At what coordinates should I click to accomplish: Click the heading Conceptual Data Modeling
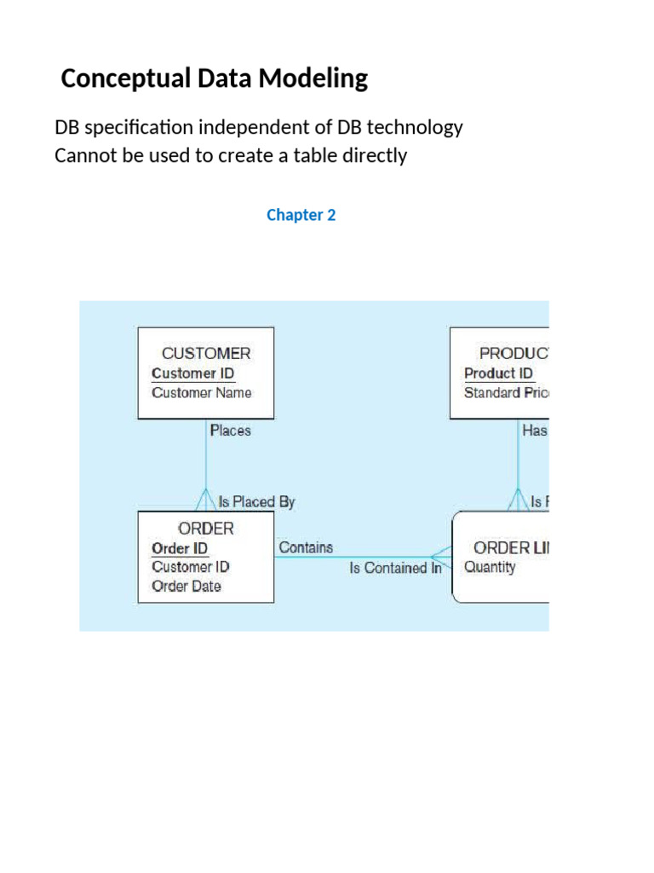(x=215, y=79)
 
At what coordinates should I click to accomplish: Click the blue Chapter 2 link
(x=301, y=215)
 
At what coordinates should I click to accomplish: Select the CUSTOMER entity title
(x=206, y=353)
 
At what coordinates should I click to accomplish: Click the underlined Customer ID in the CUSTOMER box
(x=192, y=373)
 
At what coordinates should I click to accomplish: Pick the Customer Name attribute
(x=201, y=393)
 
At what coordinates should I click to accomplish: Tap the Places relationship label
(x=230, y=431)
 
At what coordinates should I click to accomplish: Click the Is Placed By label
(x=256, y=502)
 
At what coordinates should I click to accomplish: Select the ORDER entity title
(x=206, y=529)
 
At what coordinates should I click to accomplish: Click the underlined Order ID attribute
(x=179, y=548)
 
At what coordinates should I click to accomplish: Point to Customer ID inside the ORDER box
(x=190, y=567)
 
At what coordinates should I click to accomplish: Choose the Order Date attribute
(x=186, y=587)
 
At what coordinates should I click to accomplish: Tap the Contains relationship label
(x=306, y=548)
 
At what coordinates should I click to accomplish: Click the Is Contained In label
(x=395, y=569)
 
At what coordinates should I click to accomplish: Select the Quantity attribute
(x=489, y=568)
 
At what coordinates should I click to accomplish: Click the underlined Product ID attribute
(x=498, y=373)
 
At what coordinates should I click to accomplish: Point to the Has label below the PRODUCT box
(x=535, y=431)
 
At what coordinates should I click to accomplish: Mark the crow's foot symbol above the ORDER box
(x=206, y=500)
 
